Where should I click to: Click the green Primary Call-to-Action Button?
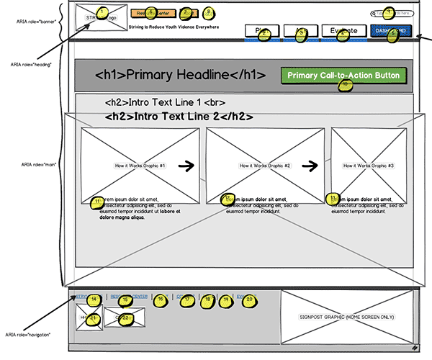(x=343, y=76)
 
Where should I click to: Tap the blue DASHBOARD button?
(x=391, y=30)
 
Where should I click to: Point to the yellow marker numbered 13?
(x=333, y=197)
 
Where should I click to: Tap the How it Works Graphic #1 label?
(x=140, y=166)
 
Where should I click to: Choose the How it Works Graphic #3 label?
(x=369, y=166)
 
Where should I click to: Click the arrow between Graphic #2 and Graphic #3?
(x=310, y=166)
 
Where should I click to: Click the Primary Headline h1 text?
(x=181, y=75)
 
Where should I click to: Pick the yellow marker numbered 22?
(x=125, y=318)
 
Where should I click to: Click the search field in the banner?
(x=395, y=13)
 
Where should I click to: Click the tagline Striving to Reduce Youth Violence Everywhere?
(x=174, y=27)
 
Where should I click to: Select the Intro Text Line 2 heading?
(x=179, y=116)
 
